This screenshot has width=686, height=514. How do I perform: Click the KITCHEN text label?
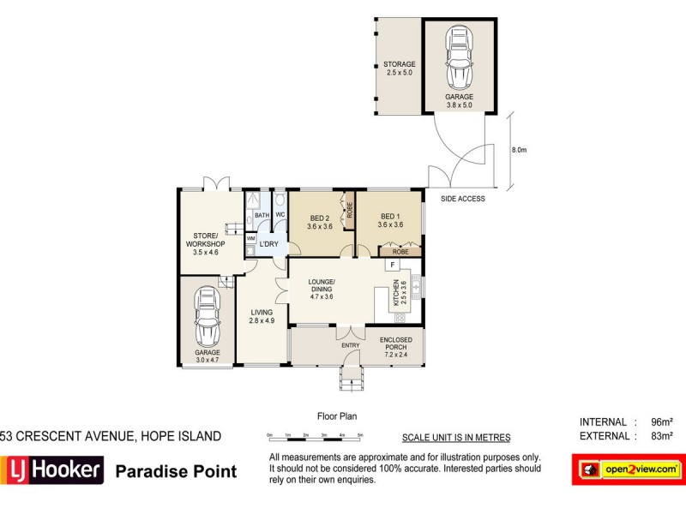tap(396, 294)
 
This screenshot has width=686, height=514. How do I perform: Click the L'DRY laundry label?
tap(268, 244)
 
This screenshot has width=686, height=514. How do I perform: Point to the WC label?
tap(280, 215)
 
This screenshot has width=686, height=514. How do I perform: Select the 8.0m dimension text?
tap(519, 149)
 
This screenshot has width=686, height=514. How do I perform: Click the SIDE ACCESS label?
tap(462, 199)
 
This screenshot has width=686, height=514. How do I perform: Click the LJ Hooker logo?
tap(52, 470)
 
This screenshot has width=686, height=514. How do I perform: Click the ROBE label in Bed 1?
tap(400, 253)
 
